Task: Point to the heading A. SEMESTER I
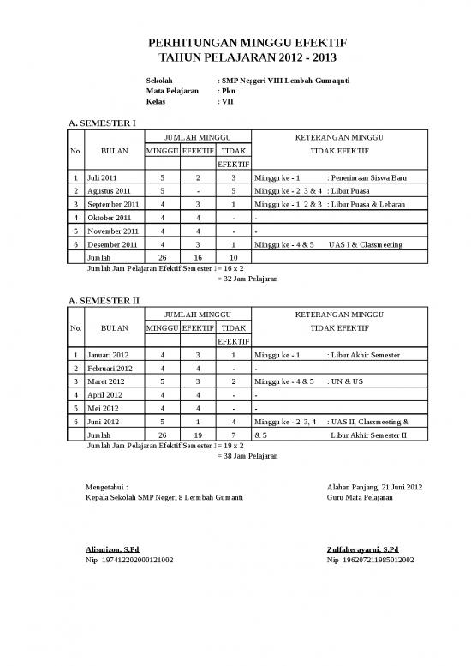tap(102, 124)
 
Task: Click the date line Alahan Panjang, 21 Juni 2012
tap(374, 488)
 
